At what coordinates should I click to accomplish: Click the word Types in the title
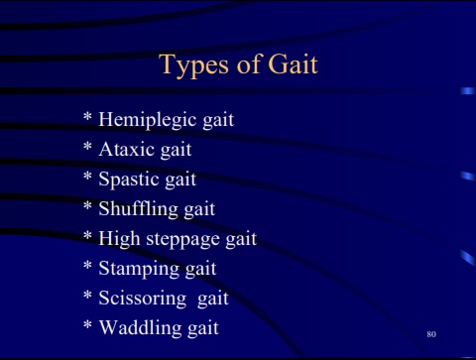point(193,65)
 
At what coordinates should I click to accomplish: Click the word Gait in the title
point(293,63)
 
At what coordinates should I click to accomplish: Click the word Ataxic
point(126,149)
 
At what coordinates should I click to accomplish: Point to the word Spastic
point(129,180)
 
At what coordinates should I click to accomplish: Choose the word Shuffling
point(138,209)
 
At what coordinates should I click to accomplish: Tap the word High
point(119,239)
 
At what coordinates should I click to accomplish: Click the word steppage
point(182,239)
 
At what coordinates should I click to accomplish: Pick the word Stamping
point(139,269)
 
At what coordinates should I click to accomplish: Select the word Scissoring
point(143,299)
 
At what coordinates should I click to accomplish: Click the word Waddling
point(141,328)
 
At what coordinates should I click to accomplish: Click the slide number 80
point(431,334)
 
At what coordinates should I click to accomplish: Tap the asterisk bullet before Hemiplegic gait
point(87,116)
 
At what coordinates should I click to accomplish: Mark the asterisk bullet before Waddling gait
point(87,324)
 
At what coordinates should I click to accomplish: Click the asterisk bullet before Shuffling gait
point(87,205)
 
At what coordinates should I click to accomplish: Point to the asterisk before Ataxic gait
point(87,146)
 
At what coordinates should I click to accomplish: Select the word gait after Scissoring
point(213,300)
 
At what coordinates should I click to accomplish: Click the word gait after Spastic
point(180,180)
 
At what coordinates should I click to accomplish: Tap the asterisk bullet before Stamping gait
point(87,265)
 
